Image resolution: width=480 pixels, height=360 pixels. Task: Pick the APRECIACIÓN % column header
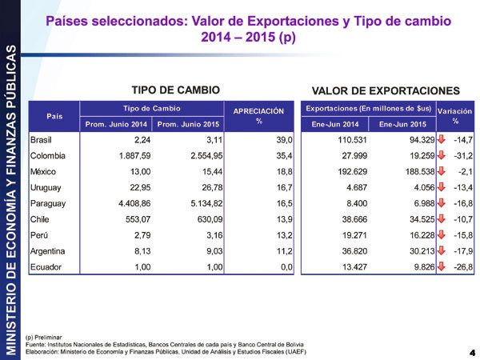(258, 115)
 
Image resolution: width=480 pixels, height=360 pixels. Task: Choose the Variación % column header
(454, 115)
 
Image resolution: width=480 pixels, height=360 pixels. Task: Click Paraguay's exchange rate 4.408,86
(128, 203)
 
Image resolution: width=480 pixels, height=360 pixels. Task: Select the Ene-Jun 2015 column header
(402, 123)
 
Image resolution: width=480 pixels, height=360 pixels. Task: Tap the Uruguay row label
(46, 187)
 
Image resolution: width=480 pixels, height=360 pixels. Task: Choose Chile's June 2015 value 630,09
(199, 219)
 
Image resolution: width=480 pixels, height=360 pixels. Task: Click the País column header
(54, 115)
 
